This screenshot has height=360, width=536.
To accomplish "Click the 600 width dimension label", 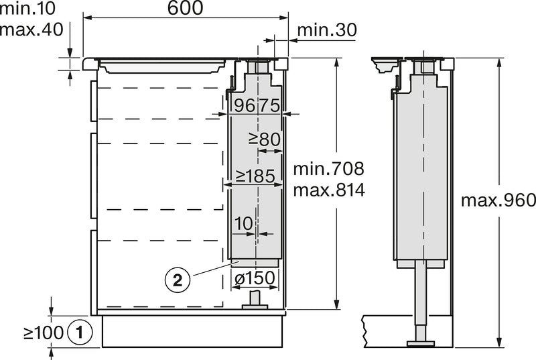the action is (186, 7).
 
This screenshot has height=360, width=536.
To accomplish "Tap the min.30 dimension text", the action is (327, 30).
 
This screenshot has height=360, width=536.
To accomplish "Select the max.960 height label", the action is (498, 200).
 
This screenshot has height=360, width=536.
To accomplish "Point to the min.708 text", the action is (329, 168).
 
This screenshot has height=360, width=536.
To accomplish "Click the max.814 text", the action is (329, 190).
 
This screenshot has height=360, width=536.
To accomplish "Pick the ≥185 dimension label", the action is (255, 176).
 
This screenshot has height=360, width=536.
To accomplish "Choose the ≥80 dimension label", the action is (265, 139).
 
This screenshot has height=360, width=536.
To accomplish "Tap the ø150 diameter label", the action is (255, 278).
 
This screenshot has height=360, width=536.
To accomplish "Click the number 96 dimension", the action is (245, 105).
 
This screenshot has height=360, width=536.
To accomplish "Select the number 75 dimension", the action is (269, 105).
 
